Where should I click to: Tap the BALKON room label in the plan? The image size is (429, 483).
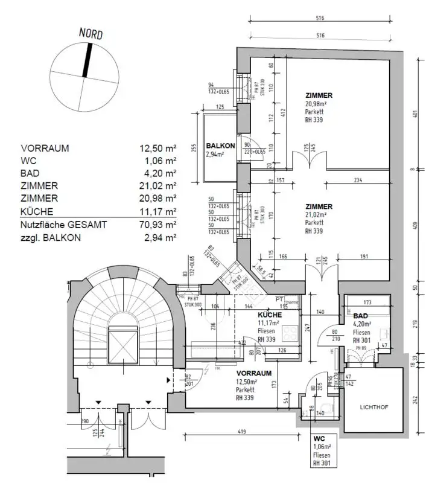(x=220, y=146)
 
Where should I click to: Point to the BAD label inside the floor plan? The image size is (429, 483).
(x=360, y=316)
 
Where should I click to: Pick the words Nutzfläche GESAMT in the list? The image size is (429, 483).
(x=64, y=225)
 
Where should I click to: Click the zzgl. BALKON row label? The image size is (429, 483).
(x=51, y=237)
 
